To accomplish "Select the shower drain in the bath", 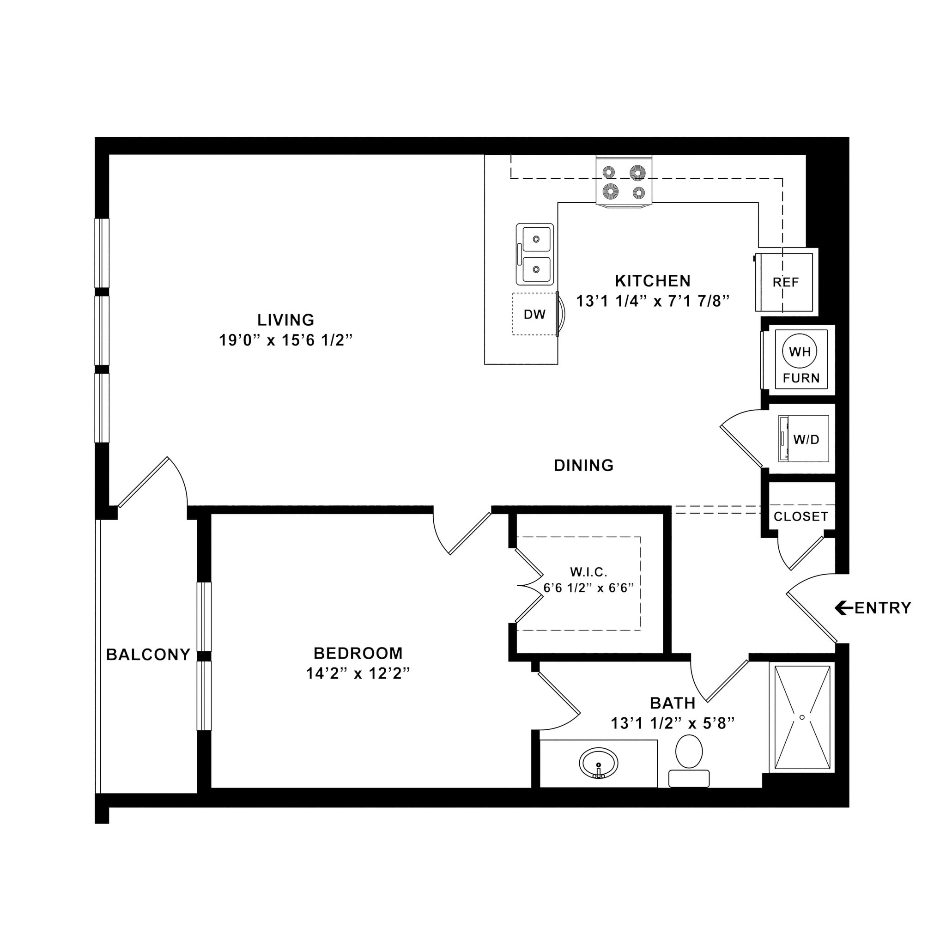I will (802, 717).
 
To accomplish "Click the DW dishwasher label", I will (535, 315).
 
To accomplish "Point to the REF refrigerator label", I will (785, 282).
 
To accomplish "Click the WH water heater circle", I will (800, 352).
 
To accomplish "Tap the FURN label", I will (801, 378).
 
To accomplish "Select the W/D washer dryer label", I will (806, 439).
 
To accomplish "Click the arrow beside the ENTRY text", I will (843, 608).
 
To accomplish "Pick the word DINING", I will (584, 465).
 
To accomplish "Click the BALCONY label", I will (148, 655).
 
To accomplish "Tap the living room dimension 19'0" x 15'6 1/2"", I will (285, 340).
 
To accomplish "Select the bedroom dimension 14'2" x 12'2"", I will (358, 674).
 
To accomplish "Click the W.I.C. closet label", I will (588, 571).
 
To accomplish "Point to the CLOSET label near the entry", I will (800, 516).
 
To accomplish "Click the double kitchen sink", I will (535, 254).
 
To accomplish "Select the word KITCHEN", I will (653, 280).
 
